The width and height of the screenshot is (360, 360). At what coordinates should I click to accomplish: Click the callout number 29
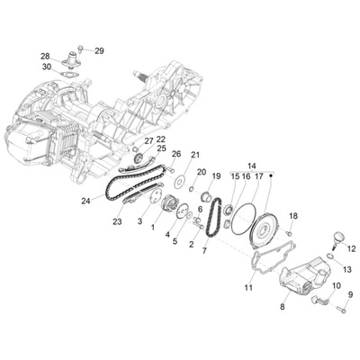coord(99,51)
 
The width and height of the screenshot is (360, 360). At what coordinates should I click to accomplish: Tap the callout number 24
coord(85,202)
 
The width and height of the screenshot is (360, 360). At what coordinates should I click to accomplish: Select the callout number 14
coord(252,166)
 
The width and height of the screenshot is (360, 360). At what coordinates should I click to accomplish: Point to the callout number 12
coord(351,248)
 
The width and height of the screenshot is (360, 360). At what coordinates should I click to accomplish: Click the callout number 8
coord(283,307)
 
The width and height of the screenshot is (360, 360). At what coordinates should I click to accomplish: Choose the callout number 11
coord(248,288)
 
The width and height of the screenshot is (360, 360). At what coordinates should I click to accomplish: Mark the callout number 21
coord(195,155)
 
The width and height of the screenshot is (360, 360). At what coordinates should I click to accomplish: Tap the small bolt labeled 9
coord(340,309)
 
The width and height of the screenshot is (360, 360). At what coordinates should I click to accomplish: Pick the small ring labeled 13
coord(329,256)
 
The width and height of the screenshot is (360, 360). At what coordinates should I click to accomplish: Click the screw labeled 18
coord(290,232)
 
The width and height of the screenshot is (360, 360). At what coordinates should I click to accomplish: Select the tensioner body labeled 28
coord(70,59)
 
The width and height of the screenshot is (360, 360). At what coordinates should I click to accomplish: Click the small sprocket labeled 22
coord(138,157)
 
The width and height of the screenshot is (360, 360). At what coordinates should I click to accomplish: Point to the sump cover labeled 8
coord(304,278)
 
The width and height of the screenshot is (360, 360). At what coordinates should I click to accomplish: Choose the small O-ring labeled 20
coord(192,188)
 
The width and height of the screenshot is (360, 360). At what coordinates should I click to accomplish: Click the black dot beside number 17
coord(271,176)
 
